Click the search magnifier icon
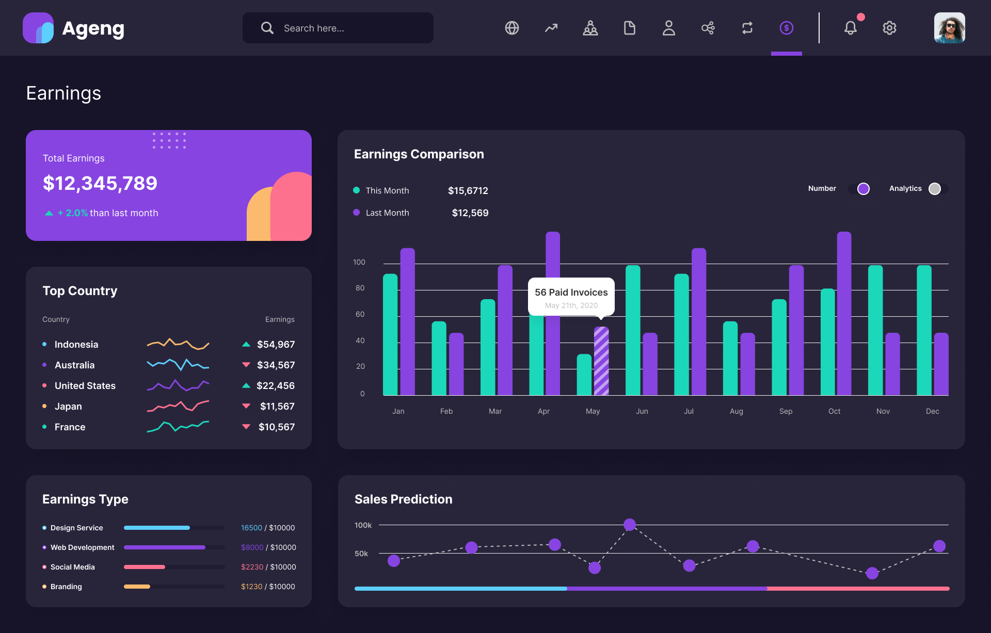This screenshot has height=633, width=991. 267,28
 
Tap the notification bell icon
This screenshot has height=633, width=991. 850,28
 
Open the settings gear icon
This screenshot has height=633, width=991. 889,28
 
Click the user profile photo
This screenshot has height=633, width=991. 949,28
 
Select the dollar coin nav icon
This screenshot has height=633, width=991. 786,28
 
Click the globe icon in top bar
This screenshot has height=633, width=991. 512,28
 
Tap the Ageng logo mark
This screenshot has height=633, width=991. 38,28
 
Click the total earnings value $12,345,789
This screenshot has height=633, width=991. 100,183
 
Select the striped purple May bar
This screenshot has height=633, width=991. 601,361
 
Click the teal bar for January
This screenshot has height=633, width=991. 391,335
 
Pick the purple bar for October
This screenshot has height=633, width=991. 844,315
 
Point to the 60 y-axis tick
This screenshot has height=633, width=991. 360,314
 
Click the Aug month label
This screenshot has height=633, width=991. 737,411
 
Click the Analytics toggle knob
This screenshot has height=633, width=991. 934,189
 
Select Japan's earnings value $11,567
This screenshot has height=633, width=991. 277,407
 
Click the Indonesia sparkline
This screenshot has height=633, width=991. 178,344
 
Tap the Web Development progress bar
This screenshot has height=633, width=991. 174,547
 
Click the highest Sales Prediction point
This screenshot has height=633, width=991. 629,525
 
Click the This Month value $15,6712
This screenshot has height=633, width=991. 468,191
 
